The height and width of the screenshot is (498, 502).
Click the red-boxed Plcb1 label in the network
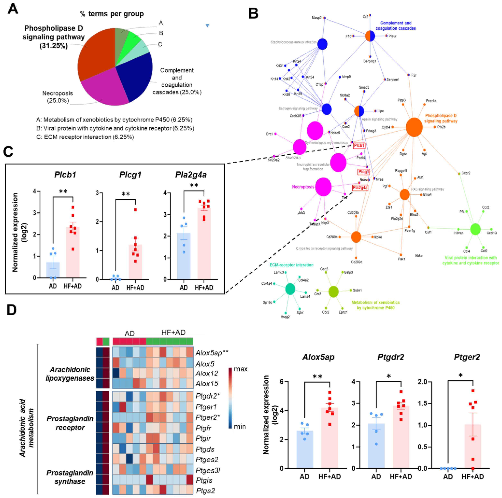[x=359, y=146]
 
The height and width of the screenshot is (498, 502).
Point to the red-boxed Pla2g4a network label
[x=360, y=187]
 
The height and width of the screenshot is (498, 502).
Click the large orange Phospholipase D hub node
[x=414, y=127]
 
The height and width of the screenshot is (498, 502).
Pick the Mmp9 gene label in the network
[x=346, y=77]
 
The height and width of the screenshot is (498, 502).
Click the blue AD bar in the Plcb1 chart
[x=53, y=270]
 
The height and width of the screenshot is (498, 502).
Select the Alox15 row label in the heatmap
[x=207, y=383]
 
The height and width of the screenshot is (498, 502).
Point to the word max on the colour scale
[x=241, y=369]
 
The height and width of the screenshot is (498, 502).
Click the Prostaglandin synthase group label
[x=70, y=477]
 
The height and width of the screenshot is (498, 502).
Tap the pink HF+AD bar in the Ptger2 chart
[x=473, y=446]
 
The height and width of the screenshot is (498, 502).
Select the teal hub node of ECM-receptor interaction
[x=290, y=289]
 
